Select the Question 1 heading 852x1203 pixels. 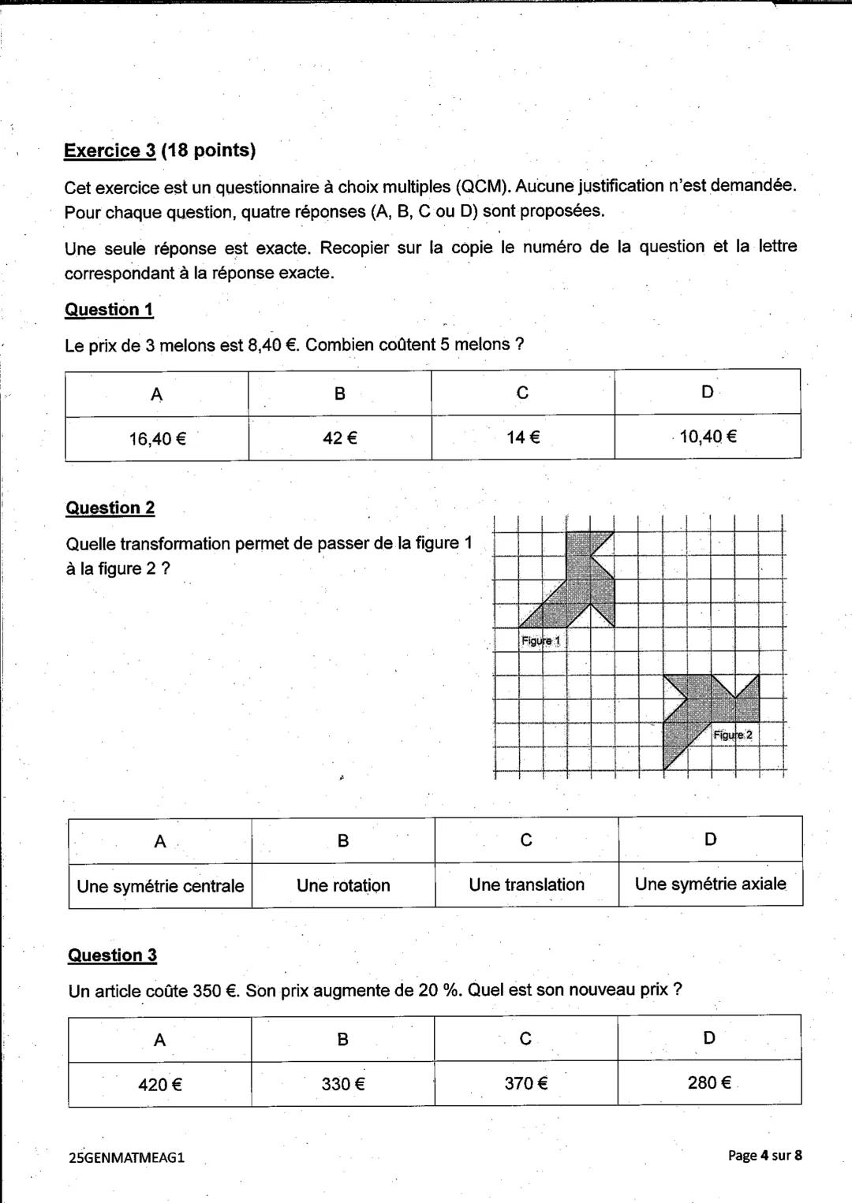(x=109, y=309)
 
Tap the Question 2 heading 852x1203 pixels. (x=110, y=508)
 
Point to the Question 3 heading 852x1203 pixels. (x=112, y=955)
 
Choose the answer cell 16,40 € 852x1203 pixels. (x=157, y=438)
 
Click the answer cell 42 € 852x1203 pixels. (x=340, y=438)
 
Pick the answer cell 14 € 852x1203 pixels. (x=523, y=437)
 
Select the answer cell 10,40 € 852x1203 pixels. (x=708, y=436)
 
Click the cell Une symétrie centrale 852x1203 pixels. (x=160, y=886)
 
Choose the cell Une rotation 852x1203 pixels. (x=343, y=885)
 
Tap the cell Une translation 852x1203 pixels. (x=526, y=885)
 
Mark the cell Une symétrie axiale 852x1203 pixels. (x=710, y=884)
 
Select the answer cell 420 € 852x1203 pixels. (x=160, y=1085)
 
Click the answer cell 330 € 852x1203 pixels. (x=343, y=1084)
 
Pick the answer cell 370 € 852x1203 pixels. (x=526, y=1083)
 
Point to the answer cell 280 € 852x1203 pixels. (x=709, y=1082)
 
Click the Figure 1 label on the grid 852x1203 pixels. (x=540, y=641)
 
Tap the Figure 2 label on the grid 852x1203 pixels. (x=733, y=735)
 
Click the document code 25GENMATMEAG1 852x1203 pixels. (x=127, y=1157)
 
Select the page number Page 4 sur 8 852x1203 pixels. (x=764, y=1155)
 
